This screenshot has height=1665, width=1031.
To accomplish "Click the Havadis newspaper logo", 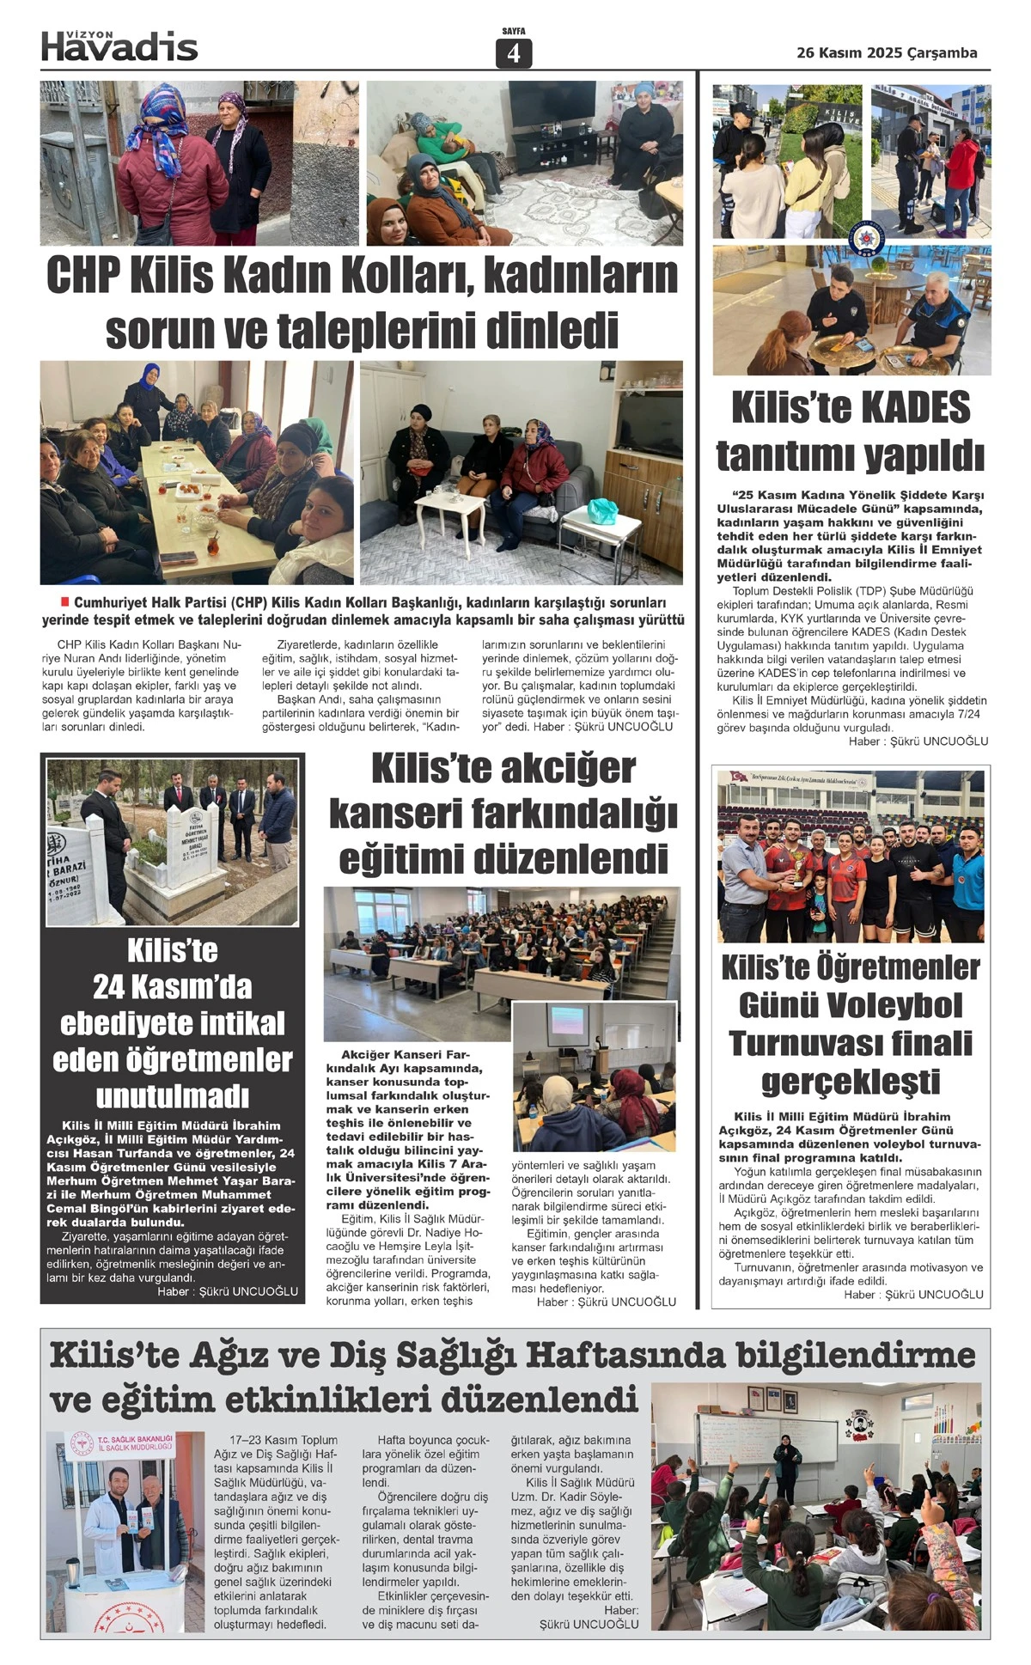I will [x=119, y=46].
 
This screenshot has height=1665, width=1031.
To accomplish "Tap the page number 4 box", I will [x=514, y=53].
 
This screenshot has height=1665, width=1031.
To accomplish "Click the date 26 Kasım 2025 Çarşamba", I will [x=887, y=52].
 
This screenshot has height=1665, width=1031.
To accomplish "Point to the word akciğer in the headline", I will [x=570, y=768].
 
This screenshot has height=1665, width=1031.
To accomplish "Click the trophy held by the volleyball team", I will [x=799, y=869].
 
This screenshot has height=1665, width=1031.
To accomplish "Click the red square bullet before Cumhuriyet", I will [x=64, y=601].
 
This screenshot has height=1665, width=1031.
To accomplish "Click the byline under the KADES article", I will [x=918, y=741].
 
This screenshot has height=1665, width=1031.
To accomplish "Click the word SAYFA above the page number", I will [x=514, y=31].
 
